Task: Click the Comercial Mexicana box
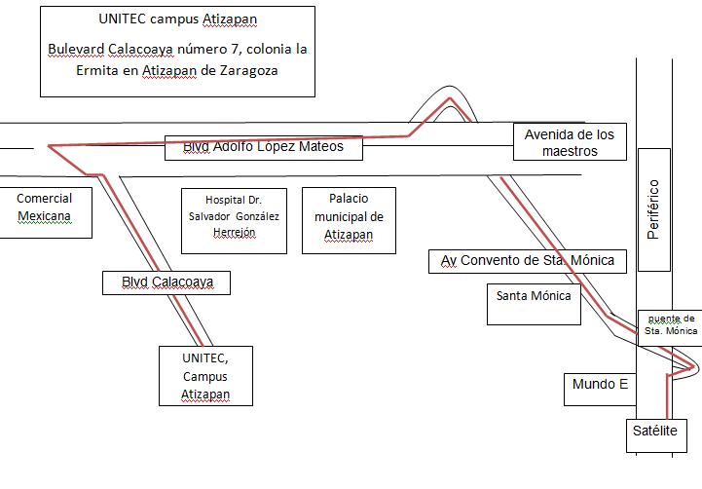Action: pyautogui.click(x=45, y=207)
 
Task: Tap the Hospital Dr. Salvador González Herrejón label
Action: pyautogui.click(x=234, y=216)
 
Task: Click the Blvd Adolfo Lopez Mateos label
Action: pyautogui.click(x=263, y=147)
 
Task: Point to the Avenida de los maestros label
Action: pyautogui.click(x=570, y=142)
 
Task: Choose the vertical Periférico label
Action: pyautogui.click(x=653, y=209)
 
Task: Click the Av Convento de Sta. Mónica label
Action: pyautogui.click(x=528, y=260)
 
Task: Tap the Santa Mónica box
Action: pyautogui.click(x=533, y=296)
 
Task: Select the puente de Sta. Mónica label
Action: pyautogui.click(x=671, y=324)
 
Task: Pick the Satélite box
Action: pyautogui.click(x=657, y=432)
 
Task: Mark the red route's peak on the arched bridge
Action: pyautogui.click(x=450, y=98)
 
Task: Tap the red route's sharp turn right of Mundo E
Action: pyautogui.click(x=693, y=367)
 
